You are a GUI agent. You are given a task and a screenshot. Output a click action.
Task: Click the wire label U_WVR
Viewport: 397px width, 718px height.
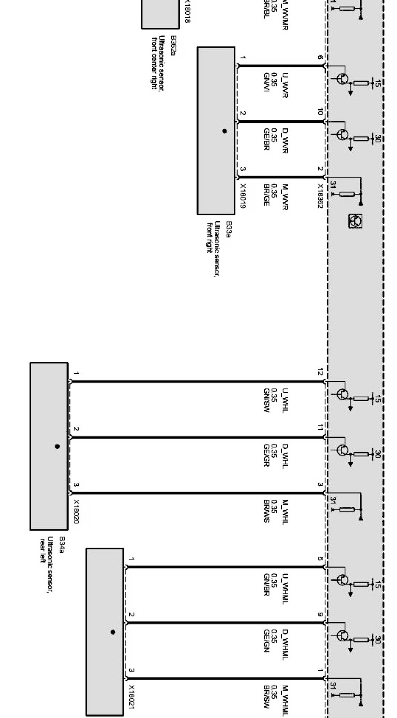[x=285, y=86]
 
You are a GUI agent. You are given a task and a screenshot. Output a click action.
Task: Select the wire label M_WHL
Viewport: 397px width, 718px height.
[x=285, y=510]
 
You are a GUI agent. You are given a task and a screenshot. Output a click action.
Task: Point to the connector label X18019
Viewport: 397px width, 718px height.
[x=243, y=196]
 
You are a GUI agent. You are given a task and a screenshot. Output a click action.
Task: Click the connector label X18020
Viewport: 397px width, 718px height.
[x=76, y=511]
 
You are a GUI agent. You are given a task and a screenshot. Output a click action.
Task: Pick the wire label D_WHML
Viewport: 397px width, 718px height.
[x=285, y=642]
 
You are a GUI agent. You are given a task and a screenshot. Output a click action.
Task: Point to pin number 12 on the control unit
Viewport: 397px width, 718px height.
[x=320, y=372]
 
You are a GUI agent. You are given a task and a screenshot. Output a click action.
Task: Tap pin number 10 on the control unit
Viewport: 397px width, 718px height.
[x=320, y=112]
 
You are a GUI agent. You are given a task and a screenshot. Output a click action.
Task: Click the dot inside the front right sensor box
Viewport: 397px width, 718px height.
[x=224, y=131]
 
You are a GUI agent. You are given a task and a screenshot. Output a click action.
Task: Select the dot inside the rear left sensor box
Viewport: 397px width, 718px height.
[x=57, y=446]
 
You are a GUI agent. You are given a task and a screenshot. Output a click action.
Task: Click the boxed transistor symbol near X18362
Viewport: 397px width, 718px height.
[x=355, y=221]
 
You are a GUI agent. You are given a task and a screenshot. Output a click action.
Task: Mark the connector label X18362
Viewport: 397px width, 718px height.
[x=320, y=196]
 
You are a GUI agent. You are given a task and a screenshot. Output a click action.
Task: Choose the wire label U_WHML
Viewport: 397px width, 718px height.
[x=285, y=588]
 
